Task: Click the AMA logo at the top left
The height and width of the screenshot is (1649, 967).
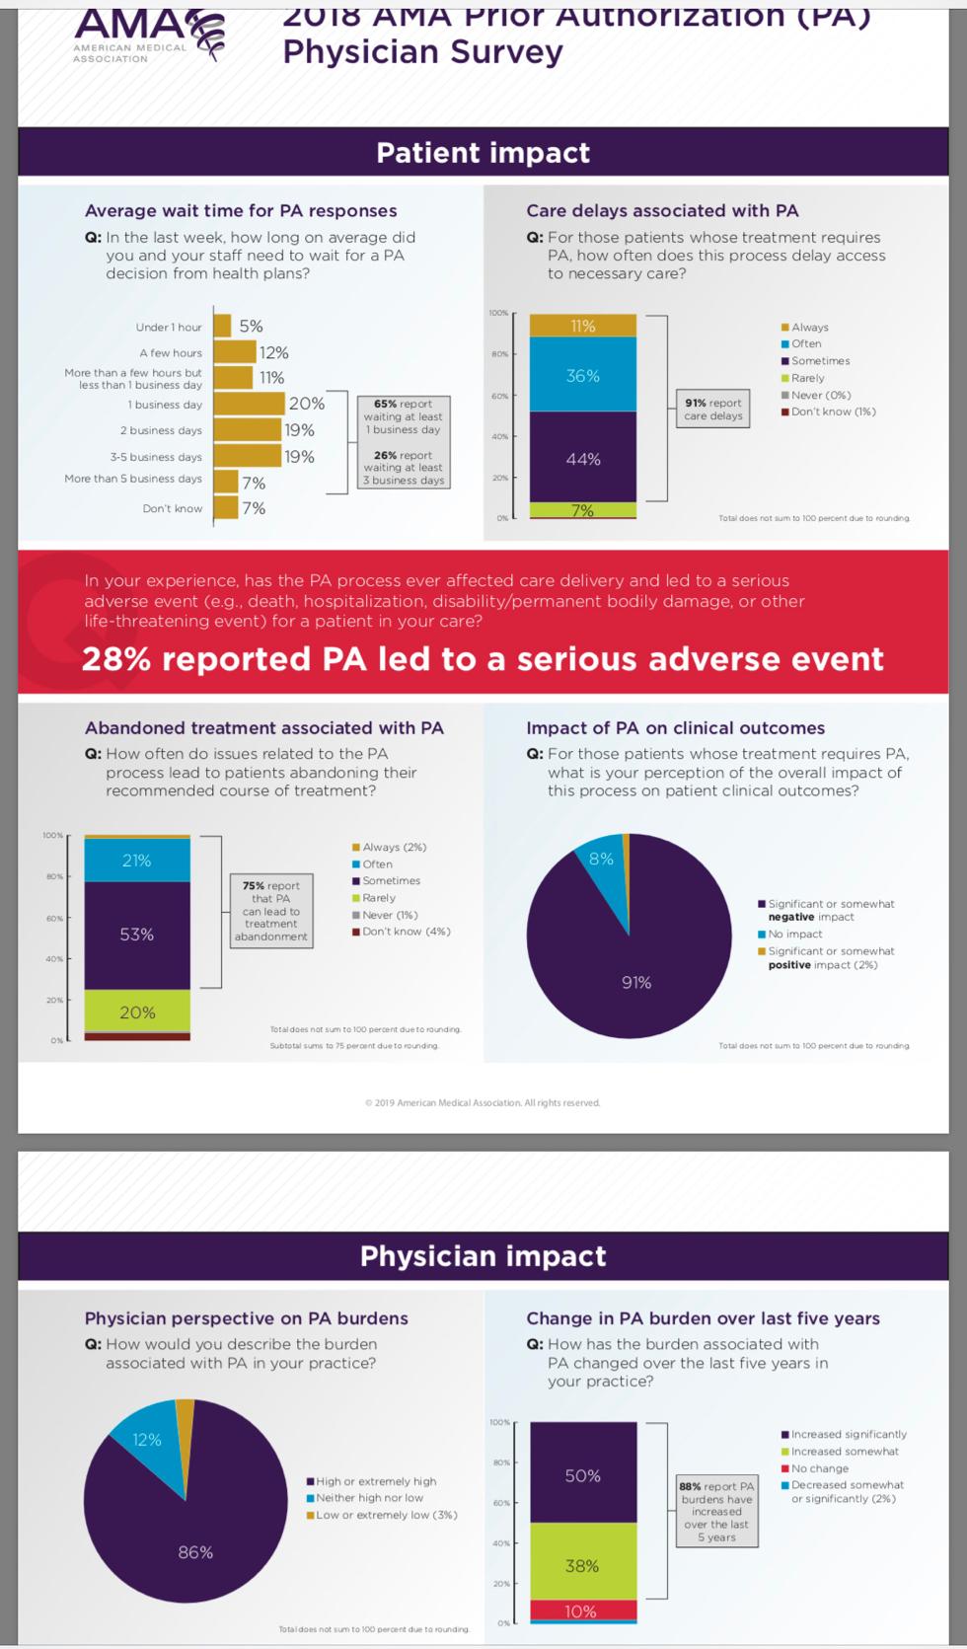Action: coord(148,35)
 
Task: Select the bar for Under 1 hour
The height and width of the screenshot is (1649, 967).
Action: coord(223,326)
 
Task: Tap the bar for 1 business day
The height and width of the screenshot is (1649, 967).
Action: coord(249,404)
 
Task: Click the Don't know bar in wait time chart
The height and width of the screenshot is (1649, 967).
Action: coord(226,508)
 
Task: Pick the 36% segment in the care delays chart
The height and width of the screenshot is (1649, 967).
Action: coord(582,374)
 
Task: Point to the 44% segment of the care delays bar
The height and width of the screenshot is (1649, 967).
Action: coord(582,458)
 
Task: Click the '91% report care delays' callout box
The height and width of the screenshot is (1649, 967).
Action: coord(713,409)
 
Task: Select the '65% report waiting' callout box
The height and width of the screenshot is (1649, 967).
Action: coord(404,416)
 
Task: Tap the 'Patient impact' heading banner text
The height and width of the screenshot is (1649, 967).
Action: coord(483,153)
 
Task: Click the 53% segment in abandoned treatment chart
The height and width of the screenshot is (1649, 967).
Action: coord(137,934)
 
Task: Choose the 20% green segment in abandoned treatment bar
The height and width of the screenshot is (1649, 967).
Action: coord(137,1012)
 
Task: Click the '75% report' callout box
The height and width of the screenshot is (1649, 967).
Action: coord(271,911)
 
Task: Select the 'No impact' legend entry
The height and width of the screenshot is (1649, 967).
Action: coord(794,934)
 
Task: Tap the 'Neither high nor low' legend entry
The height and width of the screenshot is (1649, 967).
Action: coord(369,1498)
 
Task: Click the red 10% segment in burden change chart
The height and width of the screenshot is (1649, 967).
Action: coord(582,1611)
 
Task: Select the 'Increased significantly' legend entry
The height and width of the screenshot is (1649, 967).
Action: coord(848,1434)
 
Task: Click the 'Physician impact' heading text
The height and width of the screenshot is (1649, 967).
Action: coord(483,1256)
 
